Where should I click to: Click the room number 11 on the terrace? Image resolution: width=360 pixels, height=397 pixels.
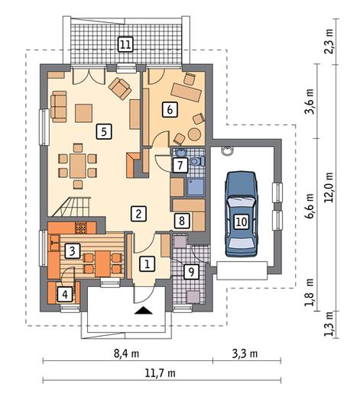click(126, 44)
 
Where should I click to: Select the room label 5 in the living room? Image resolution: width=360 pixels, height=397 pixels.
click(104, 132)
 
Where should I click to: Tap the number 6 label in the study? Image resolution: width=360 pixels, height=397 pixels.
click(170, 110)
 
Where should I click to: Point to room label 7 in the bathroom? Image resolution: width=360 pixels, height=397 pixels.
click(180, 165)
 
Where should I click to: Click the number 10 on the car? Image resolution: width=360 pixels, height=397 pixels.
click(242, 221)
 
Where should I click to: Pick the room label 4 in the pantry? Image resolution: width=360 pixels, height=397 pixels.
click(65, 295)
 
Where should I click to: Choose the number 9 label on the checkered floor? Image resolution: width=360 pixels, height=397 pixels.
click(191, 272)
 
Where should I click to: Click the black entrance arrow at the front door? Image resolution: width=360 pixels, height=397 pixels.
click(144, 311)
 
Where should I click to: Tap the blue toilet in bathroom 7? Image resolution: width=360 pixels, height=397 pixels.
click(197, 161)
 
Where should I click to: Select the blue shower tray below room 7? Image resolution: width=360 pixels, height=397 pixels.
click(196, 187)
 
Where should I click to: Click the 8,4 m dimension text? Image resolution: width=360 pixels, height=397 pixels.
click(126, 353)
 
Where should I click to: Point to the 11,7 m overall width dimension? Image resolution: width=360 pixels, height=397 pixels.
click(161, 373)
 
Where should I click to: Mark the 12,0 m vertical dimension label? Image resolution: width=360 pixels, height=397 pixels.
click(329, 187)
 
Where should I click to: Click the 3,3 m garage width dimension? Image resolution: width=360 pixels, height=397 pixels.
click(245, 353)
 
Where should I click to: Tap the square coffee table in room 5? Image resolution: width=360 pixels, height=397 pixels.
click(83, 113)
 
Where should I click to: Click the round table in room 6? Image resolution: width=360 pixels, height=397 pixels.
click(194, 134)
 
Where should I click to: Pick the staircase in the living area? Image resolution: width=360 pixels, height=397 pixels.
click(71, 207)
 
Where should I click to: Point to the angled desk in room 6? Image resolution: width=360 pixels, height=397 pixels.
click(186, 92)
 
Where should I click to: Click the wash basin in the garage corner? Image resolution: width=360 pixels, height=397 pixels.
click(227, 150)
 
